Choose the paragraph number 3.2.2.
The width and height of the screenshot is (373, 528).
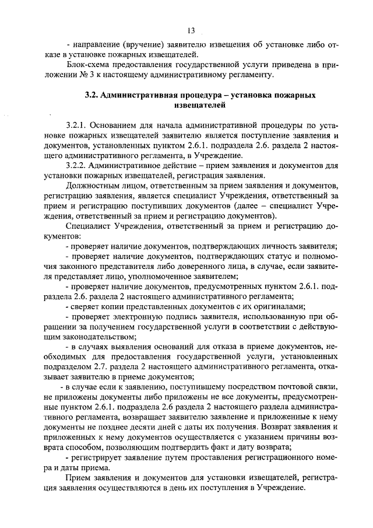78,166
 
